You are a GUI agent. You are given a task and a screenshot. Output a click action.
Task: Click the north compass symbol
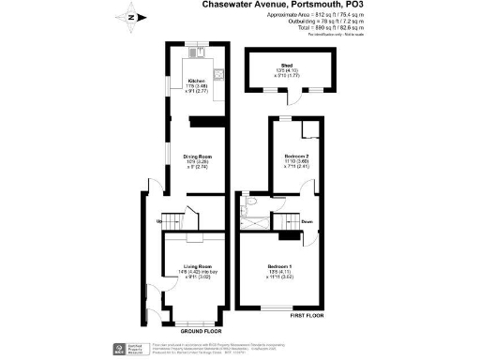click(x=130, y=16)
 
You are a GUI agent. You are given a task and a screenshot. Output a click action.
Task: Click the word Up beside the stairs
click(x=159, y=221)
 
